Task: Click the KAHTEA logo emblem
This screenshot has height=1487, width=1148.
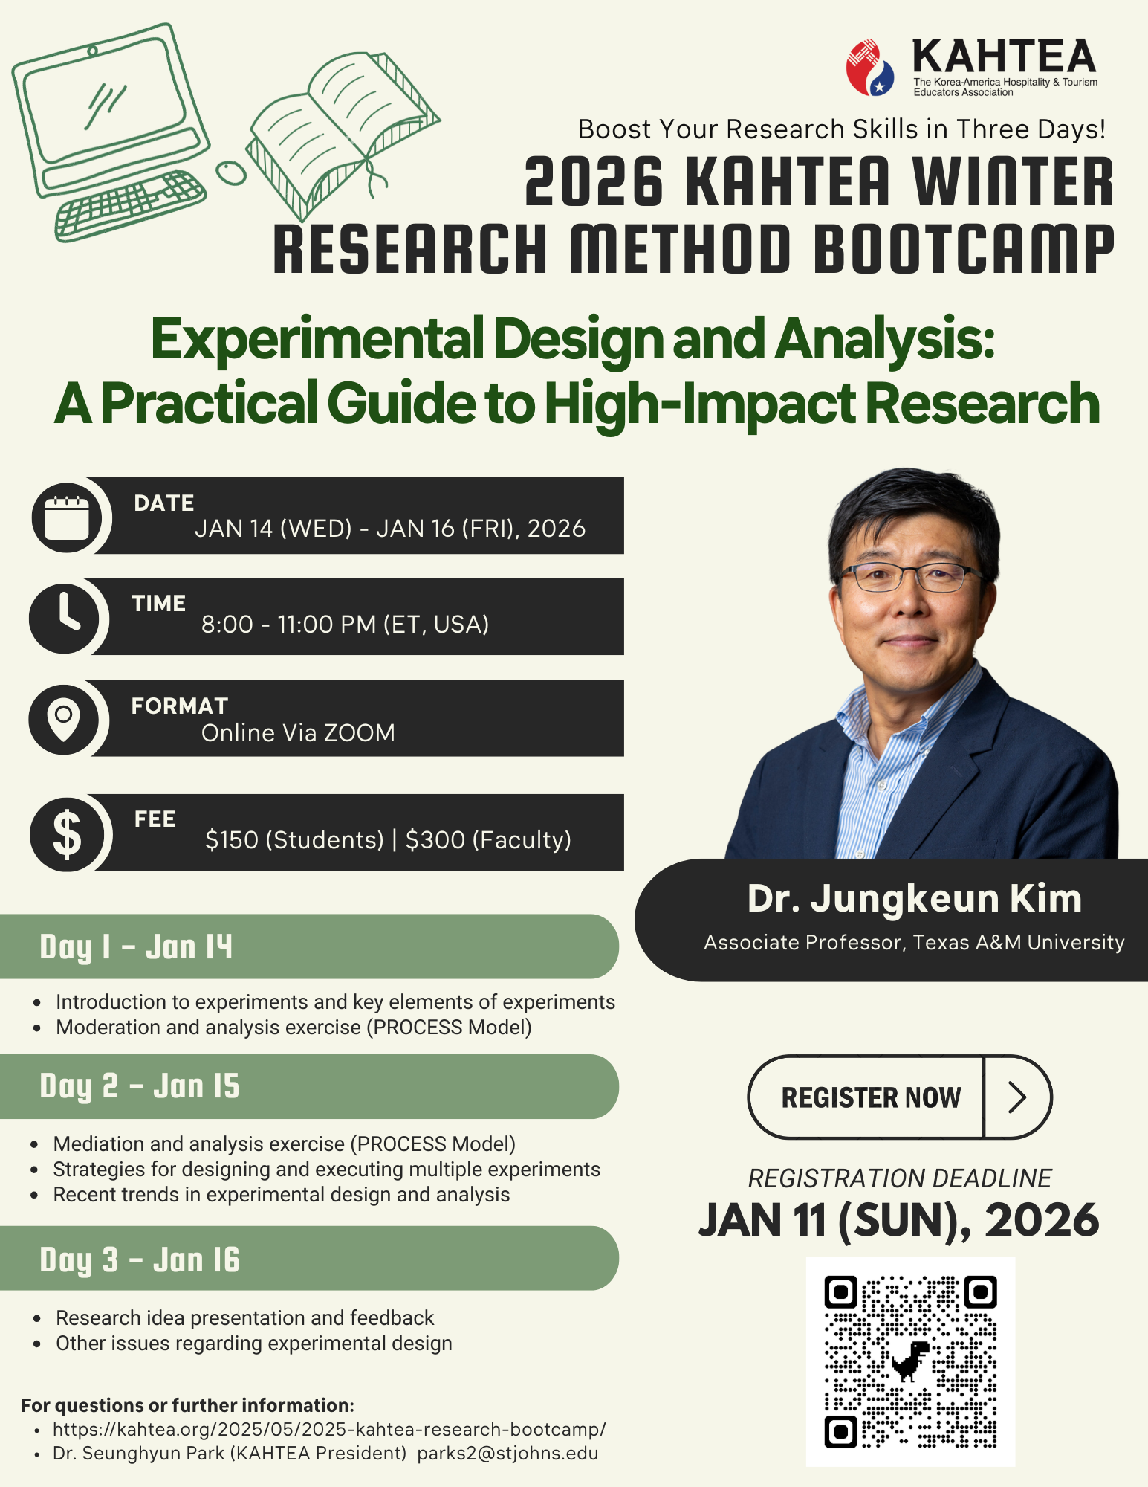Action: tap(870, 68)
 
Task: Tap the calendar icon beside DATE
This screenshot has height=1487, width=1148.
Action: tap(67, 517)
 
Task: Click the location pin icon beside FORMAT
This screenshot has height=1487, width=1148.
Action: tap(64, 720)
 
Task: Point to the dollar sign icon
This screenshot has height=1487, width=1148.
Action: tap(67, 833)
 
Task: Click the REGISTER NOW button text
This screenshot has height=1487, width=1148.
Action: tap(871, 1097)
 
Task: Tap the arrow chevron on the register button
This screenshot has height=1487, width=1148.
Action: tap(1017, 1097)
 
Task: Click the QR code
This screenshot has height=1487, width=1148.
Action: tap(910, 1361)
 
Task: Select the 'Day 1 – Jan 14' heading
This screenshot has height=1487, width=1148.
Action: tap(136, 946)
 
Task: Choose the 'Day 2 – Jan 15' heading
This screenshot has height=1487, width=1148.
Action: tap(140, 1086)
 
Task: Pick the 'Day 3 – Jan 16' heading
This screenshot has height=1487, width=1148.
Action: tap(140, 1259)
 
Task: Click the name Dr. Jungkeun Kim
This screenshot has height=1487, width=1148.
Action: tap(914, 899)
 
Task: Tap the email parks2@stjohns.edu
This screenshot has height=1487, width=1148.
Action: tap(507, 1453)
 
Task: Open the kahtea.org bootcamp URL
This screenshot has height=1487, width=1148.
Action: tap(329, 1429)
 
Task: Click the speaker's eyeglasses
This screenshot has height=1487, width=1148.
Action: tap(909, 576)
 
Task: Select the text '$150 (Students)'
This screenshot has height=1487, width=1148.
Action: tap(294, 839)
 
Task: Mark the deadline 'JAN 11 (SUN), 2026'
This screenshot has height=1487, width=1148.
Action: tap(898, 1220)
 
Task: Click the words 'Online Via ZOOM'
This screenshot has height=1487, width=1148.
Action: tap(298, 732)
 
